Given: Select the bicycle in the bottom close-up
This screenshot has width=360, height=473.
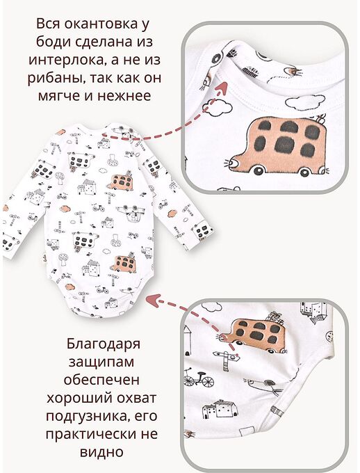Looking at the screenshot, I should (199, 380).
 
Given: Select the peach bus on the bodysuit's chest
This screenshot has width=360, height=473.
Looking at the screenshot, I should (122, 182).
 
